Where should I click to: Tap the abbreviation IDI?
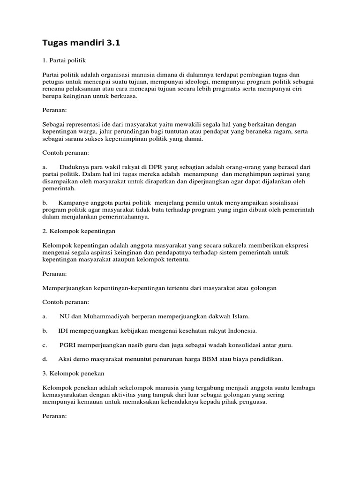coord(64,330)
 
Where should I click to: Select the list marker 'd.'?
coord(45,359)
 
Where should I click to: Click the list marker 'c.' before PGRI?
coord(45,345)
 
